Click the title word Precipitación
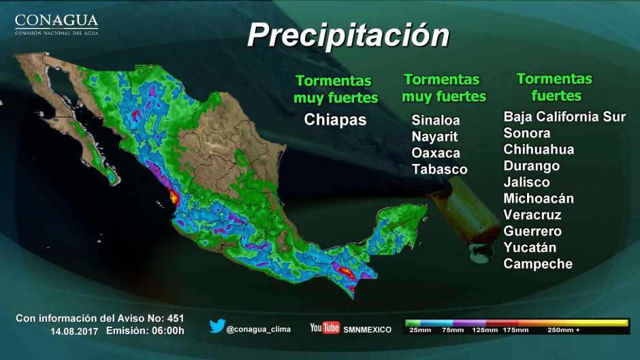[348, 35]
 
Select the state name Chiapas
[335, 120]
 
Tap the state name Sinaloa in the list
[436, 120]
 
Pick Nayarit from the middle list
[434, 137]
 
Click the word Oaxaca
[436, 153]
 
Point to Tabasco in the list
[439, 169]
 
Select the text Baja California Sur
[564, 116]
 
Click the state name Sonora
[526, 133]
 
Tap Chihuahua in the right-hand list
[539, 149]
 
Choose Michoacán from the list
[538, 198]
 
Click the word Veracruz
[532, 214]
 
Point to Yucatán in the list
[530, 247]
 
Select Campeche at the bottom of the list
[538, 263]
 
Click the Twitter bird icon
[217, 327]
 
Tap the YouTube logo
[325, 328]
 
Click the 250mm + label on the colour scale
[564, 330]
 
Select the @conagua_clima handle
[259, 329]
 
